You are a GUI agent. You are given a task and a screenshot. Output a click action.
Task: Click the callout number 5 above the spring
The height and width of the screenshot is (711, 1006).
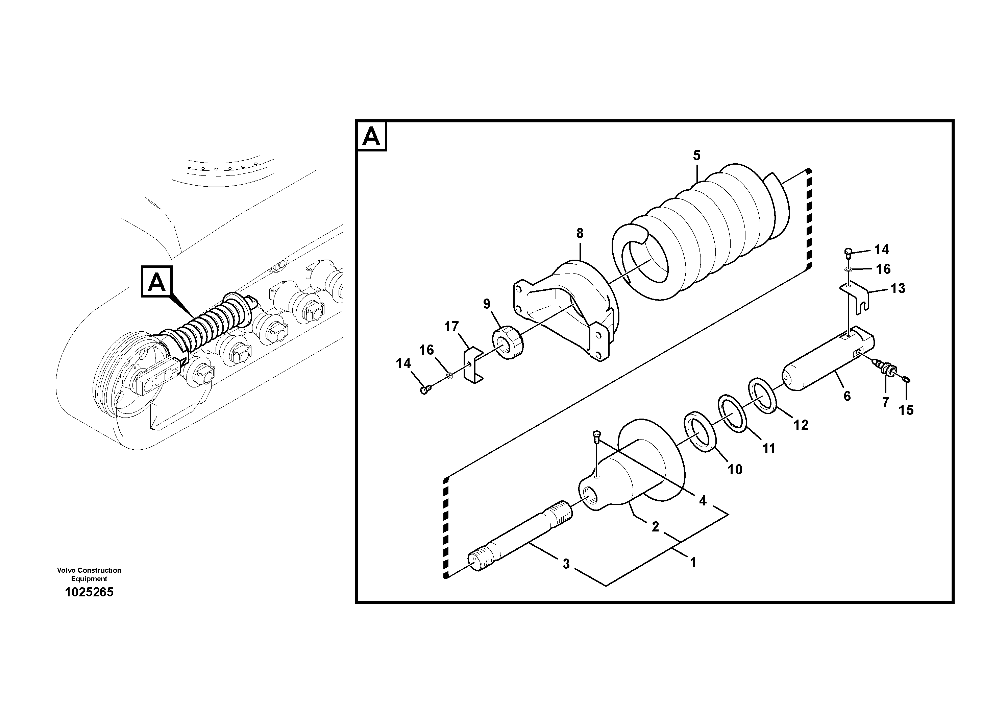(x=697, y=155)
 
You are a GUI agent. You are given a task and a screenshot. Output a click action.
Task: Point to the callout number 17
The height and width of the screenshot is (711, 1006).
(x=451, y=327)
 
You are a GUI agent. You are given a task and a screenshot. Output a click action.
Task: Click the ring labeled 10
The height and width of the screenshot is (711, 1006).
(x=700, y=430)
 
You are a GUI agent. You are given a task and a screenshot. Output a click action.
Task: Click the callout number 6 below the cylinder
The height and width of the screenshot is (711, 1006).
(x=847, y=396)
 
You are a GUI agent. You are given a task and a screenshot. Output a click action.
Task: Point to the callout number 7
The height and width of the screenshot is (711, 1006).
(x=885, y=402)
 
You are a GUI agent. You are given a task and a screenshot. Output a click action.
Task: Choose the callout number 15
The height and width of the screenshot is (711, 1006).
(x=906, y=410)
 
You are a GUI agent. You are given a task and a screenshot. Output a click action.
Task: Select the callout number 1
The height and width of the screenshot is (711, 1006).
(x=693, y=562)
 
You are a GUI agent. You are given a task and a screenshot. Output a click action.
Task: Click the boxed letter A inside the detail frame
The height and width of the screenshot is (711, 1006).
(x=372, y=136)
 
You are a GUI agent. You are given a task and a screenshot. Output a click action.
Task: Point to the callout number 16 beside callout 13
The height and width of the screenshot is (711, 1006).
(x=883, y=269)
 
